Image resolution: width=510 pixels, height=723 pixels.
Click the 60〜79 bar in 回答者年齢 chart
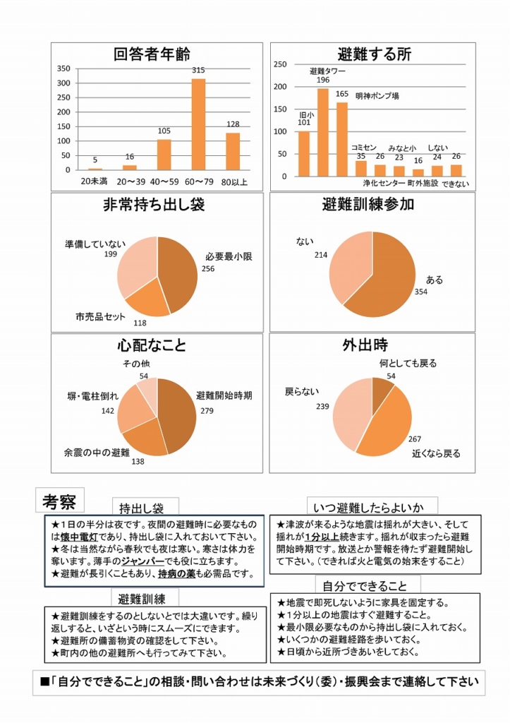199,124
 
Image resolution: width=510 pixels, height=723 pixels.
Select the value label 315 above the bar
199,71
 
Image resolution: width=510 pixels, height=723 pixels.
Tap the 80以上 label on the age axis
233,182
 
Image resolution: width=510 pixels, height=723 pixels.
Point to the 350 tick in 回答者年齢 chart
63,68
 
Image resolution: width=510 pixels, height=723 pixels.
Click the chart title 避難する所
375,54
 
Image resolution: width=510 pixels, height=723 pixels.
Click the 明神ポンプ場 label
377,95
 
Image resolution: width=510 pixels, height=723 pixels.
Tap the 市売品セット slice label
100,316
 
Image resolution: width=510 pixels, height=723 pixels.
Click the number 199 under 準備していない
110,254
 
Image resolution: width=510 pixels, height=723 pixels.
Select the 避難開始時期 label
224,395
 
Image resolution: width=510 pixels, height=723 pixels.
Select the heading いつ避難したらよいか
373,506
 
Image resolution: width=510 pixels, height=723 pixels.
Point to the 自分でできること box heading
365,585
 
